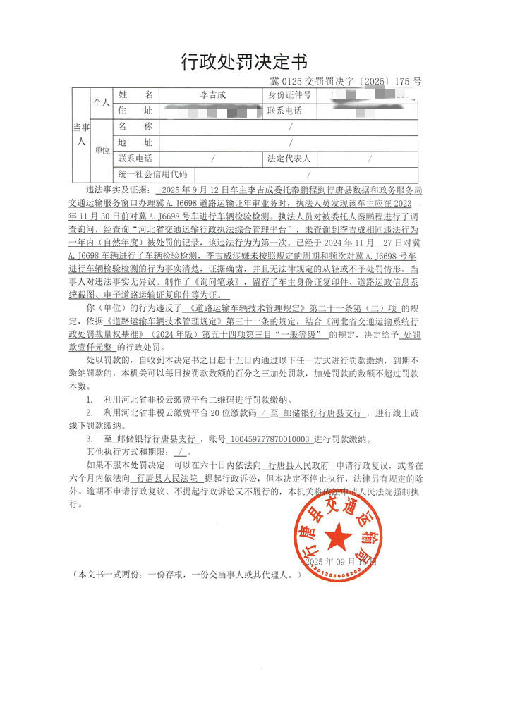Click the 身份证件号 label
291,95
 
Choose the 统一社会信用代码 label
153,173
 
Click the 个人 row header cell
102,103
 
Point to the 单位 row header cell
102,150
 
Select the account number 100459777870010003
269,439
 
